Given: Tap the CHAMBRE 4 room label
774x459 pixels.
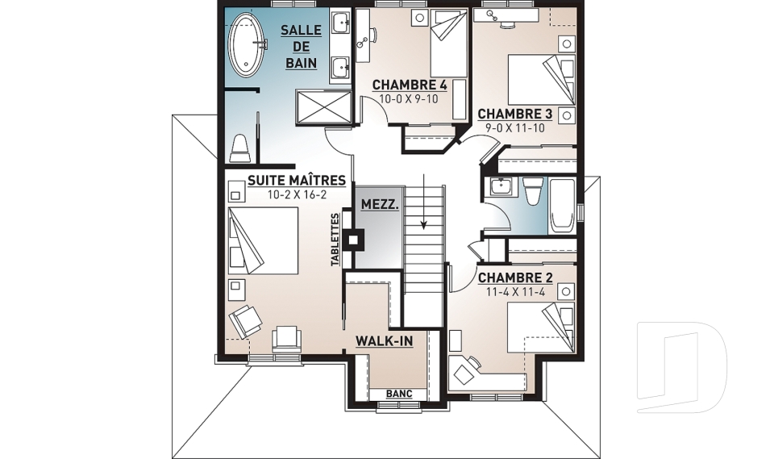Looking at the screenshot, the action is [410, 85].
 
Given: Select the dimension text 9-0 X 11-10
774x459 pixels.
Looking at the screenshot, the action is [515, 127].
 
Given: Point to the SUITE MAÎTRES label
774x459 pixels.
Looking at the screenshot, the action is [296, 181].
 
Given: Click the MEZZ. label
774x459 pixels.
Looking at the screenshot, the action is [380, 204].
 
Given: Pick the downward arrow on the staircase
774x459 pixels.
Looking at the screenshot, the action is [423, 202].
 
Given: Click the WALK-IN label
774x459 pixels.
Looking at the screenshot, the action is [384, 341].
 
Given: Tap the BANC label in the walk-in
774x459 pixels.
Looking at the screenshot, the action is [399, 394].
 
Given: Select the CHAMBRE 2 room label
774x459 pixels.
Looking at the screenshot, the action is [515, 277].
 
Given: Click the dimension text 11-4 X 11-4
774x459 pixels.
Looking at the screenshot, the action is [515, 292].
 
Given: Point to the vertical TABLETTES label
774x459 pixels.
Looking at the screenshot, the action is [335, 240].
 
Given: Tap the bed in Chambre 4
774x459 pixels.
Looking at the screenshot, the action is [449, 43].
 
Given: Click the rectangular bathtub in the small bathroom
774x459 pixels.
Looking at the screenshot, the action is [562, 206].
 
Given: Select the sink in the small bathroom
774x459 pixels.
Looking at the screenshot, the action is [501, 186].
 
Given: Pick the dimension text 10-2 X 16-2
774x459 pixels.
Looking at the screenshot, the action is [297, 194].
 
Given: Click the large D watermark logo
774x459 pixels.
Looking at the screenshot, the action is [682, 367].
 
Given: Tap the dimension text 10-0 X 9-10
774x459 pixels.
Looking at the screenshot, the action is [410, 98].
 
